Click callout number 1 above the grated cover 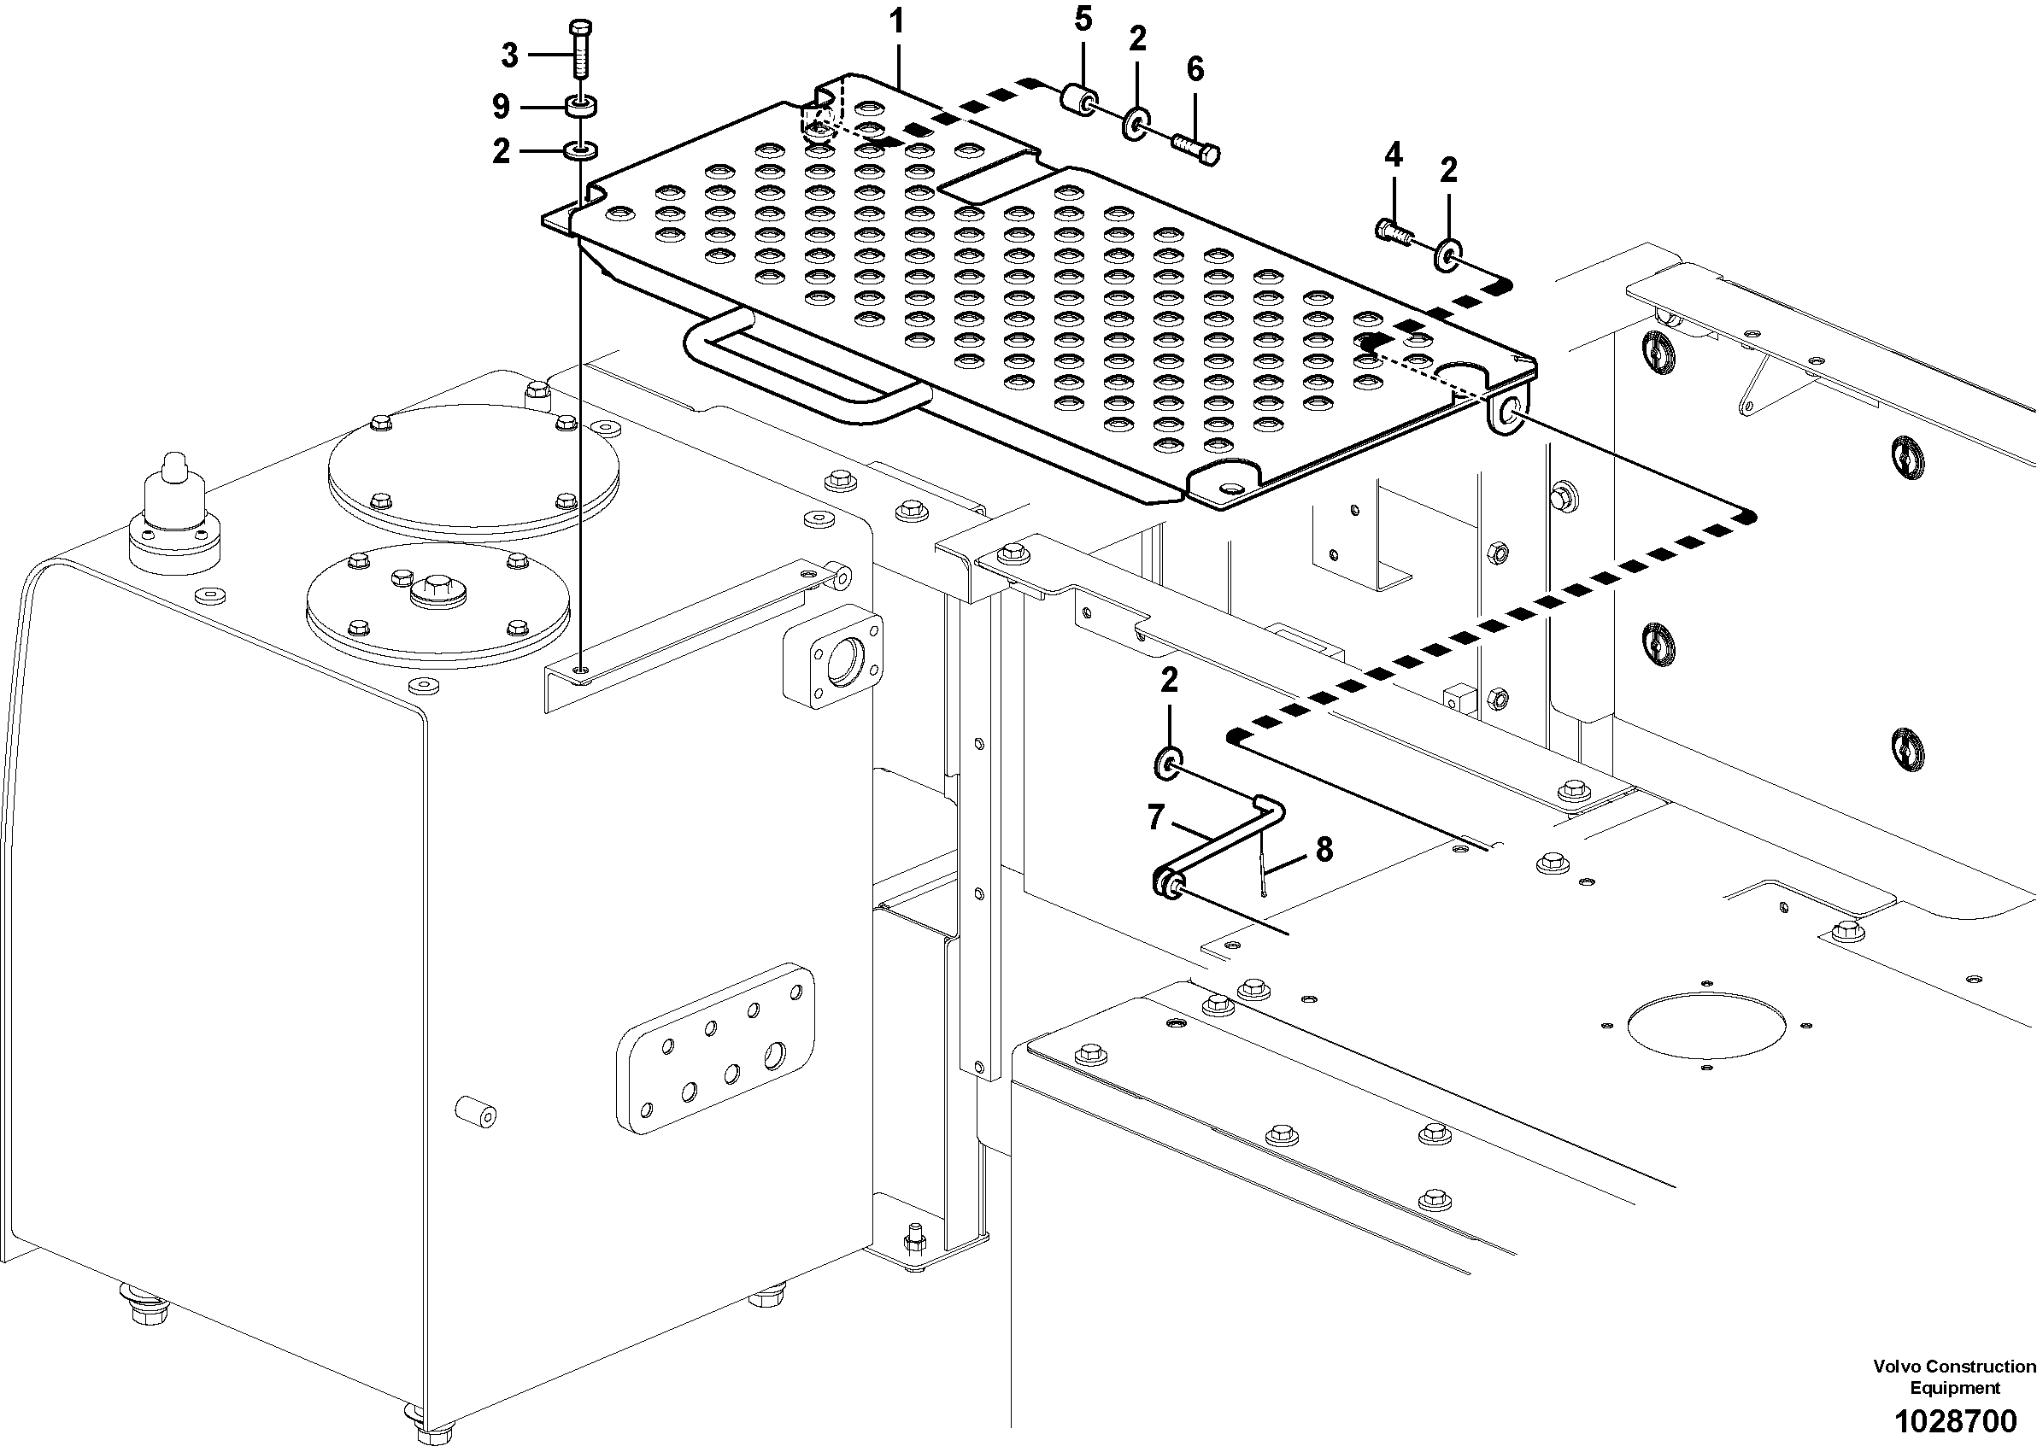point(897,20)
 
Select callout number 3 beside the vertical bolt point(509,56)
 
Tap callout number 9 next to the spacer point(502,107)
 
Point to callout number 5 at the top point(1083,19)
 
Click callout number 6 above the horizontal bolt point(1195,68)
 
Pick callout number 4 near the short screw point(1393,155)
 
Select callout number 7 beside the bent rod point(1156,817)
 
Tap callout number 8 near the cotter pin point(1324,850)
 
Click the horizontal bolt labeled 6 point(1196,149)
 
